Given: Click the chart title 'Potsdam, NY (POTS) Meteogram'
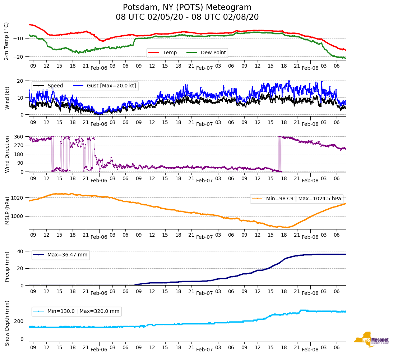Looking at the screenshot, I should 187,8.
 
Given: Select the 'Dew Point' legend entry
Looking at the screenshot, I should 213,53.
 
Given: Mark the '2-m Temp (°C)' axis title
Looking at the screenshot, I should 6,41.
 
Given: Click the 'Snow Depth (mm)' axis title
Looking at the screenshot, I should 6,323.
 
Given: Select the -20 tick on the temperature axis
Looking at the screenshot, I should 19,57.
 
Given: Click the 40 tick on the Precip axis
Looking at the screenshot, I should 20,251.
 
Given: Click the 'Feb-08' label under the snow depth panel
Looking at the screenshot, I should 310,350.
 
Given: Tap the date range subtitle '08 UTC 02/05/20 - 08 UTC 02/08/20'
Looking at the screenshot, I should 187,17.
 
